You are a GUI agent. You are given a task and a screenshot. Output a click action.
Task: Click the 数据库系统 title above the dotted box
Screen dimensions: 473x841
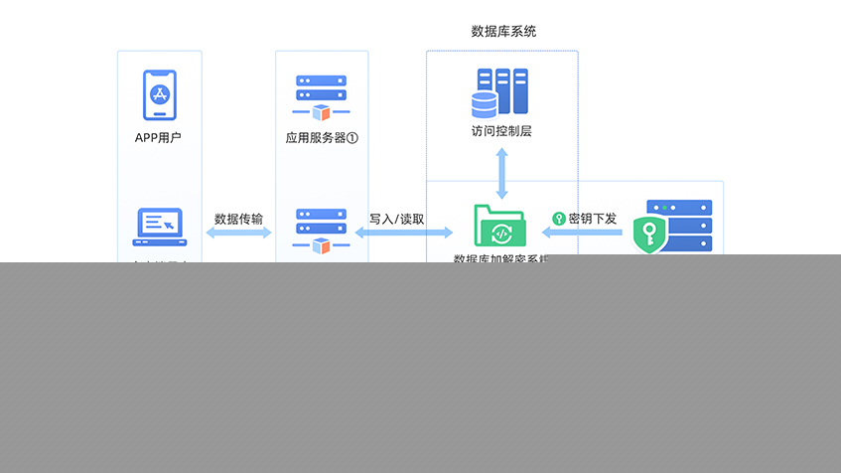coord(503,32)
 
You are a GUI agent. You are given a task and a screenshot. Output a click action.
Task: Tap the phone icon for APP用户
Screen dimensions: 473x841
coord(159,94)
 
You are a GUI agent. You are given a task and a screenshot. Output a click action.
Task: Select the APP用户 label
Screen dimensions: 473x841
coord(159,138)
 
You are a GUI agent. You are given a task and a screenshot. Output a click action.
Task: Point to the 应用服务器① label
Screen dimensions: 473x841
coord(321,138)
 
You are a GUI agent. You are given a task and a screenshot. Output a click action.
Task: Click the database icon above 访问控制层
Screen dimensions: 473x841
coord(500,92)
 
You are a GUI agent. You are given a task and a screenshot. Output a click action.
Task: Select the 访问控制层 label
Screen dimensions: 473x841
coord(501,131)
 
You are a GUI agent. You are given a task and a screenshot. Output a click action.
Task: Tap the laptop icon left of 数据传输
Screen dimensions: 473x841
coord(159,227)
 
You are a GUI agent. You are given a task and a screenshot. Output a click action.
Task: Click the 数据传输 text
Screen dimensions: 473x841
coord(238,219)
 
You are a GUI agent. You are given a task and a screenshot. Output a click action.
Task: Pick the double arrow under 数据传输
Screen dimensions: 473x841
coord(238,233)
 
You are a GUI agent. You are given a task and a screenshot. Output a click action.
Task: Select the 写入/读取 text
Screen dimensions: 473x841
coord(397,219)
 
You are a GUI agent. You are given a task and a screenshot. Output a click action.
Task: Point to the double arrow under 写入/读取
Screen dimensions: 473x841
coord(404,233)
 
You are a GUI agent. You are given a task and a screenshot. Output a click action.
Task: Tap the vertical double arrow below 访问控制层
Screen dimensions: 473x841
coord(501,173)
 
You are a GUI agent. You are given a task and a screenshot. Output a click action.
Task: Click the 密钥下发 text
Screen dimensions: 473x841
coord(593,219)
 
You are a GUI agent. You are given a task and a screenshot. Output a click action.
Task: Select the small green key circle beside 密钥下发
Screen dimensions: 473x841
coord(559,219)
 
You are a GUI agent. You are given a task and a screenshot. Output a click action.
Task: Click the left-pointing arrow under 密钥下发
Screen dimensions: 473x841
coord(581,233)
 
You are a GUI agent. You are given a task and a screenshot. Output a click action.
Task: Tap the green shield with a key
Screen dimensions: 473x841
coord(650,234)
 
